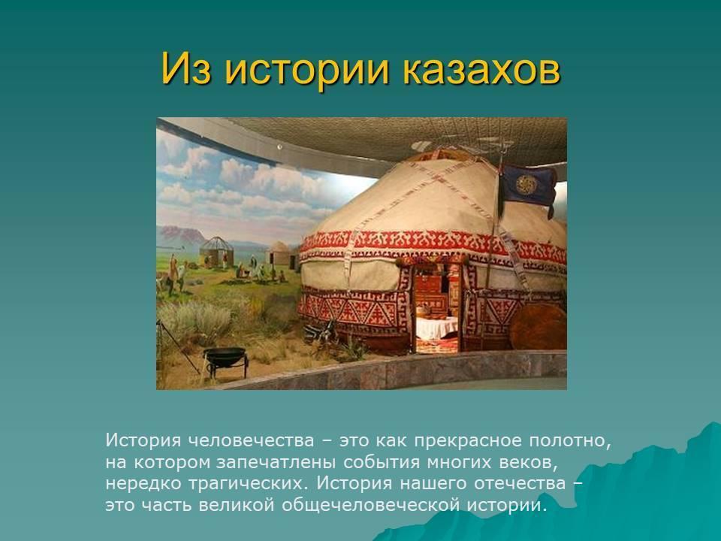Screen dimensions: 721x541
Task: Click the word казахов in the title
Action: (481, 69)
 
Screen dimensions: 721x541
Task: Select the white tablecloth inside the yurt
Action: (437, 328)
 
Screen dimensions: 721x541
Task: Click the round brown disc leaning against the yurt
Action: (538, 327)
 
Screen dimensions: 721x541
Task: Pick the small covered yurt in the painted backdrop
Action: (279, 253)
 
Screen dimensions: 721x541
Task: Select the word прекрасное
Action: (468, 441)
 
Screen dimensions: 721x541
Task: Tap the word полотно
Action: (570, 441)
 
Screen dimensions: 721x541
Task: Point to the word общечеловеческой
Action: (370, 505)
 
